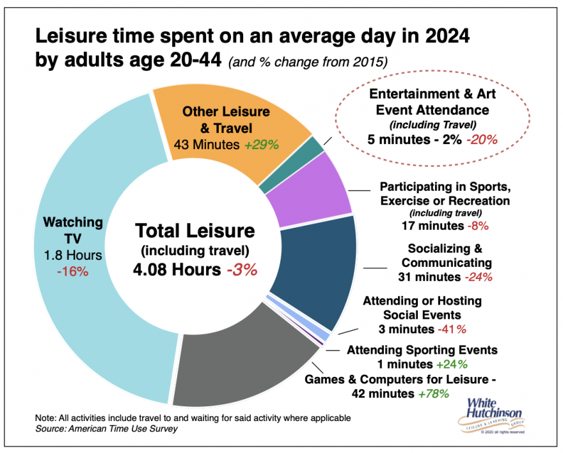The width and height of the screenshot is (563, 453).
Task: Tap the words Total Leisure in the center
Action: click(x=194, y=231)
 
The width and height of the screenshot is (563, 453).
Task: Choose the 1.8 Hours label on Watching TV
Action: click(x=72, y=255)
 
